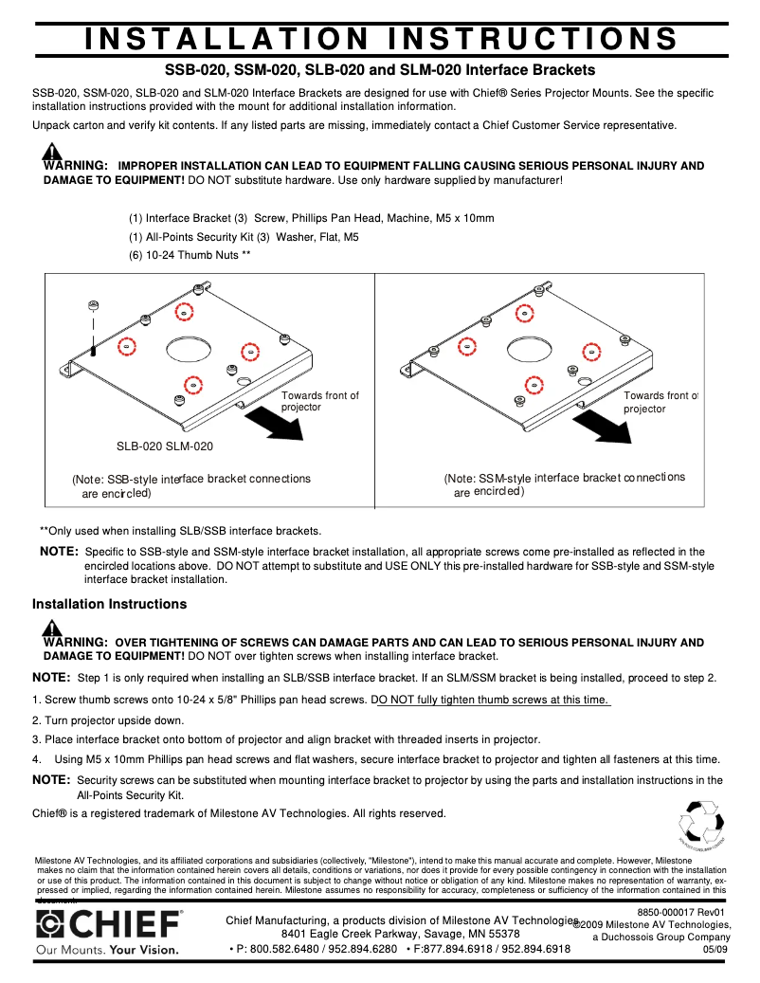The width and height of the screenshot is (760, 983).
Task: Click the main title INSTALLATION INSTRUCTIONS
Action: (380, 38)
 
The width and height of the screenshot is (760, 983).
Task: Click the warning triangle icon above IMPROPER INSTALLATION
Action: (53, 153)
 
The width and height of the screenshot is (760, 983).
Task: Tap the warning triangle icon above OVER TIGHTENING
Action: (53, 628)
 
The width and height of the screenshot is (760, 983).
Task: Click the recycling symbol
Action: (702, 823)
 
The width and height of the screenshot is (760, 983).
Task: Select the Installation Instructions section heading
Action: (109, 604)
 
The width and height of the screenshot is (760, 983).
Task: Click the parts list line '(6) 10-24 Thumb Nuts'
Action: (190, 256)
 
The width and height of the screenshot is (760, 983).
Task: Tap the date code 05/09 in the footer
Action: (715, 949)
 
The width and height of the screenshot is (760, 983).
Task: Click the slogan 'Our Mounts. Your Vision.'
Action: (106, 949)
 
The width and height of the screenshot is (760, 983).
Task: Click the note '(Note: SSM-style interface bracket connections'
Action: (564, 478)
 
